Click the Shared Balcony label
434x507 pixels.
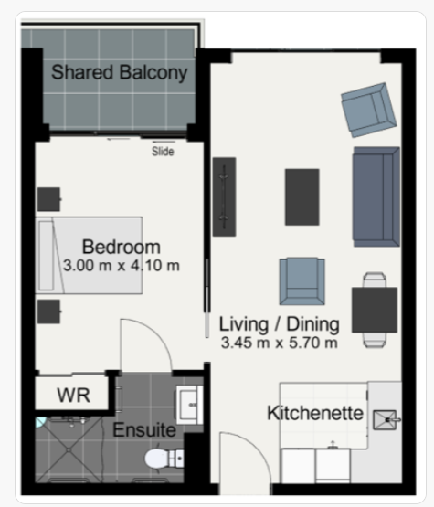[x=120, y=72]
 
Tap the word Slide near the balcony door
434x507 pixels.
[x=163, y=152]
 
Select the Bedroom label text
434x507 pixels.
[x=122, y=247]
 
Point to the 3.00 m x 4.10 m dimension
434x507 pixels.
[x=122, y=266]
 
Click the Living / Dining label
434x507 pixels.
[x=280, y=324]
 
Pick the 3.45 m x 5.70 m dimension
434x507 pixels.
[x=280, y=343]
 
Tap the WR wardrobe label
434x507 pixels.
[x=73, y=396]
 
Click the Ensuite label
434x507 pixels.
[x=144, y=430]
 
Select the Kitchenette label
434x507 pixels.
[x=315, y=413]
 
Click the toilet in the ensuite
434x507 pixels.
[x=164, y=459]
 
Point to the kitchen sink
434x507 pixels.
[x=386, y=420]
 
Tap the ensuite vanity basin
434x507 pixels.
[x=189, y=405]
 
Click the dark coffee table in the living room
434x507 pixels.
[x=302, y=197]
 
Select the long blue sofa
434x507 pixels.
[x=376, y=196]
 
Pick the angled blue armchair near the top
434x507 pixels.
[x=369, y=110]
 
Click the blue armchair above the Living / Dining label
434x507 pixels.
[x=302, y=281]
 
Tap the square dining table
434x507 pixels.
[x=375, y=310]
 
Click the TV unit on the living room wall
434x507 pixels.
[x=224, y=197]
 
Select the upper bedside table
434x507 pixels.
[x=48, y=199]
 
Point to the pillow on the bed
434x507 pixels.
[x=47, y=256]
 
